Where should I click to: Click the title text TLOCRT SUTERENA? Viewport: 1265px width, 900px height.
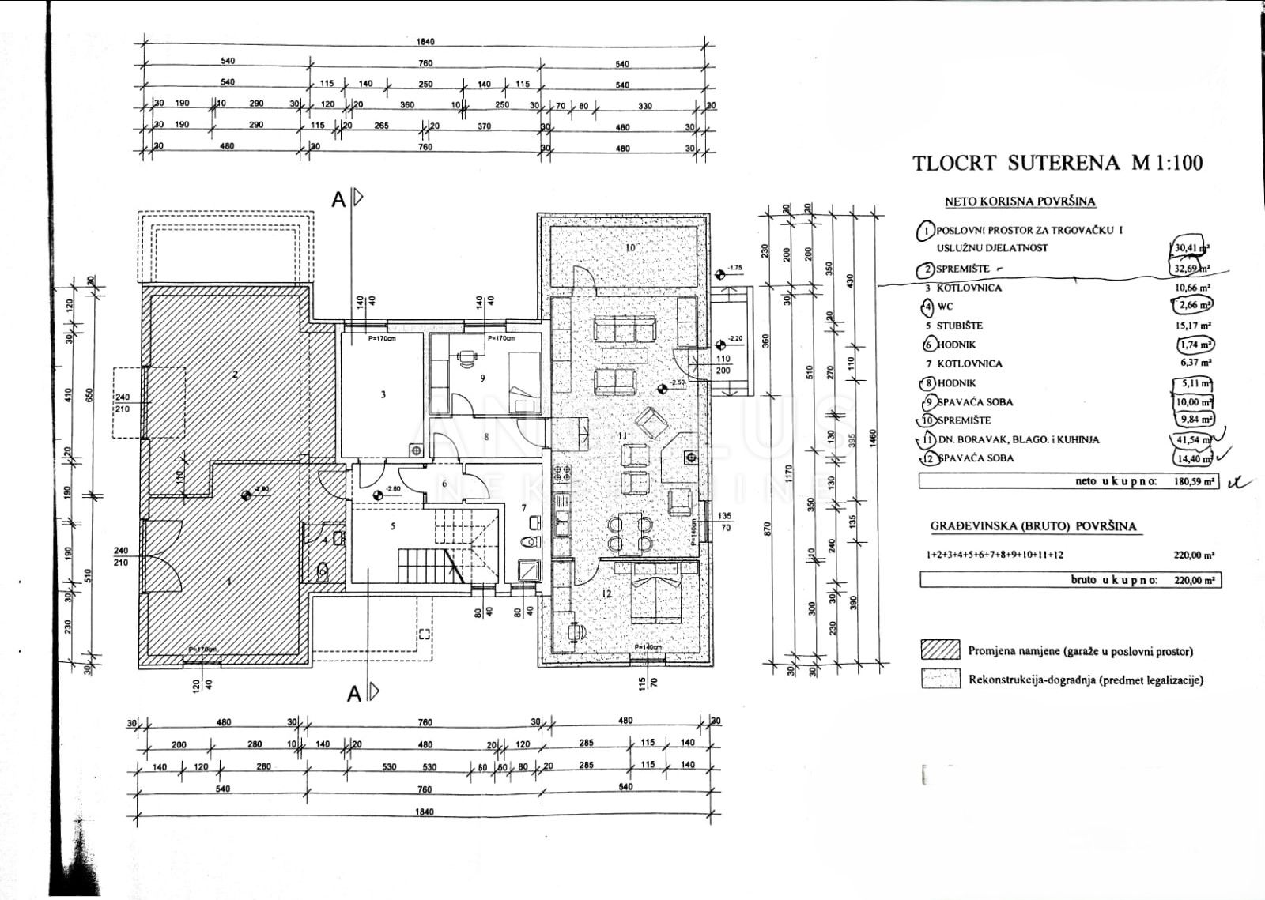point(1016,164)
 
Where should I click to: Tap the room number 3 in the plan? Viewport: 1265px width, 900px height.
point(383,394)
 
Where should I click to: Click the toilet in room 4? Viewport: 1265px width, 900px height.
point(322,571)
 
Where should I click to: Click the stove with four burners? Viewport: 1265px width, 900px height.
point(562,474)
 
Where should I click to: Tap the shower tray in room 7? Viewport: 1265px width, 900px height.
point(527,571)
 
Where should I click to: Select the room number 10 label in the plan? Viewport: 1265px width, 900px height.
point(629,248)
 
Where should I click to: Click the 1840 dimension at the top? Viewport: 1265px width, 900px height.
point(425,42)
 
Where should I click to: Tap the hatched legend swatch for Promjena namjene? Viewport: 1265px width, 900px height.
point(940,650)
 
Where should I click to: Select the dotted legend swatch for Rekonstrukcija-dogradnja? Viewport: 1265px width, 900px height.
point(940,679)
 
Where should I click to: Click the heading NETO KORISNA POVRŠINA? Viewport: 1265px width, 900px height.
point(1020,201)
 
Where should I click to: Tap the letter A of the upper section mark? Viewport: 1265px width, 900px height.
point(338,200)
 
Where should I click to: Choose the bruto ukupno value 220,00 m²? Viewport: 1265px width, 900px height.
point(1194,580)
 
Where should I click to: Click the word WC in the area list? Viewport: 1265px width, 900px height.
point(945,307)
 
